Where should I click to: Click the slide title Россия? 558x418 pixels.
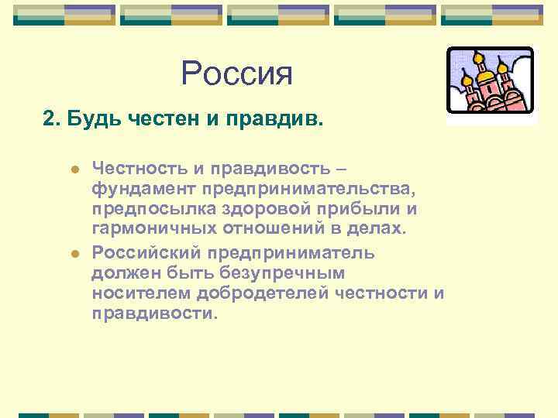(x=237, y=74)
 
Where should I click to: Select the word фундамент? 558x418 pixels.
(x=145, y=188)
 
